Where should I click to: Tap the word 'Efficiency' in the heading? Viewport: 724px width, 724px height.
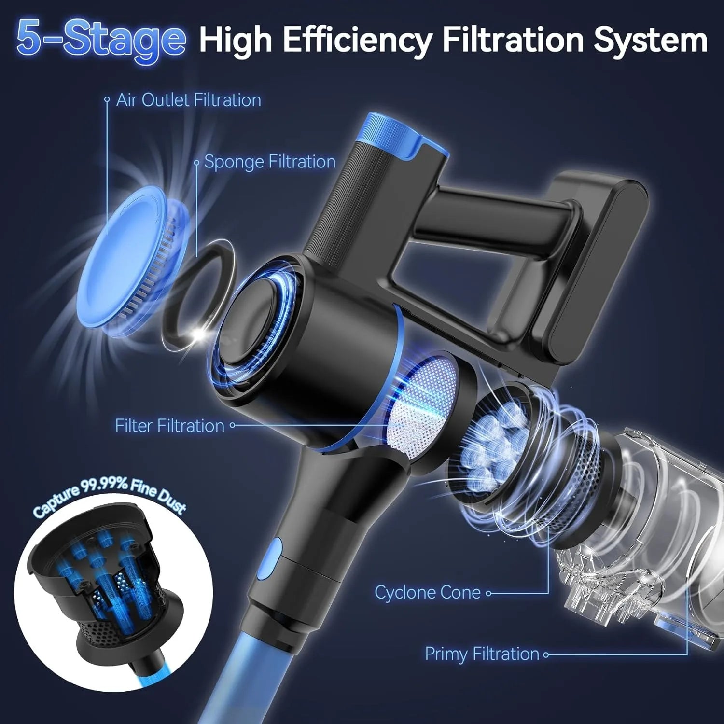[x=357, y=41]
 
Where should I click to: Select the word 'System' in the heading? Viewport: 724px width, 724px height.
[x=651, y=41]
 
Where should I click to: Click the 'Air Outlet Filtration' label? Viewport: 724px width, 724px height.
[x=189, y=100]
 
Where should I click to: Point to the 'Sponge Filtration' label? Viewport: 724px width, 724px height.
[x=270, y=162]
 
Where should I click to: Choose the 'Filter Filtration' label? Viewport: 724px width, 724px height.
[x=170, y=426]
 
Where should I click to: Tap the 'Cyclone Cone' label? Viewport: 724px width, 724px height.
[x=428, y=593]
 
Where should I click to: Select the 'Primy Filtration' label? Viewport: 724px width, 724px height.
[x=482, y=654]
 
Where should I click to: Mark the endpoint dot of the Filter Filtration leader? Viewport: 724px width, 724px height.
[x=232, y=425]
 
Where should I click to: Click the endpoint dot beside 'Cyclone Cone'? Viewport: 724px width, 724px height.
[x=488, y=593]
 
